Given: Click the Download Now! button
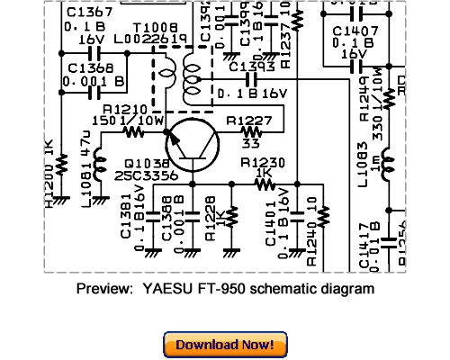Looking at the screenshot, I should [x=225, y=344].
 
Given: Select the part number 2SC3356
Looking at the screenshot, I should [x=148, y=176].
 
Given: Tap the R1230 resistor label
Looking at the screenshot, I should [x=262, y=163].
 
